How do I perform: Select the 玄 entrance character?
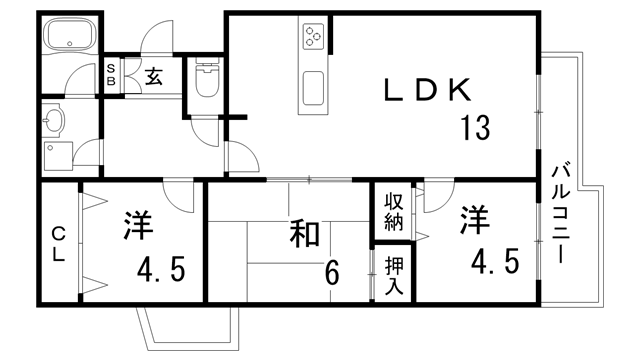click(154, 76)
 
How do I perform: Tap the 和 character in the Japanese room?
click(305, 234)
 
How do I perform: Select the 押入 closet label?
click(394, 272)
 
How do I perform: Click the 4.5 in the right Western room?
click(495, 263)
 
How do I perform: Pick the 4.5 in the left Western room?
click(161, 271)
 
